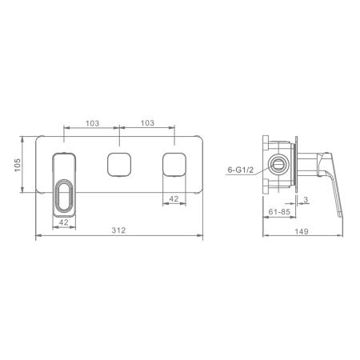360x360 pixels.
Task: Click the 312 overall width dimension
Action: (118, 230)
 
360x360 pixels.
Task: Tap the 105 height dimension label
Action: (18, 165)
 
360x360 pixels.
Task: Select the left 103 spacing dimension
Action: (92, 123)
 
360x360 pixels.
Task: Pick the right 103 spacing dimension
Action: (147, 123)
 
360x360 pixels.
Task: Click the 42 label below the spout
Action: (64, 222)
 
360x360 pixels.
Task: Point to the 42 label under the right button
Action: (174, 198)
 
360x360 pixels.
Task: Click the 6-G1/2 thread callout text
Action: (241, 170)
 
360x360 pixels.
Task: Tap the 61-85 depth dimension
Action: (279, 212)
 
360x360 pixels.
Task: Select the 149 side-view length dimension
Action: (302, 231)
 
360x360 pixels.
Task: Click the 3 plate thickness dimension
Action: (306, 199)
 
